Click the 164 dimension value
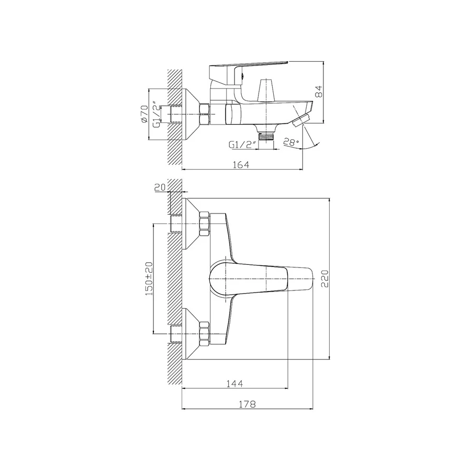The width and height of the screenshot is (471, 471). (x=241, y=165)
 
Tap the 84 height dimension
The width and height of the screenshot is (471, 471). (x=319, y=91)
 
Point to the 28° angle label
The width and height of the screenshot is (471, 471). (x=291, y=142)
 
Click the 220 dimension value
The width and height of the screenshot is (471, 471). (x=325, y=278)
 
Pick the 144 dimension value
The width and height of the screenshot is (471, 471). (x=234, y=383)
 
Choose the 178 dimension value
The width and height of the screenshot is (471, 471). (x=247, y=404)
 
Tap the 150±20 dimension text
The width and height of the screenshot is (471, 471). (x=149, y=278)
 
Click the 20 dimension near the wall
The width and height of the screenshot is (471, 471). (x=160, y=187)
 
